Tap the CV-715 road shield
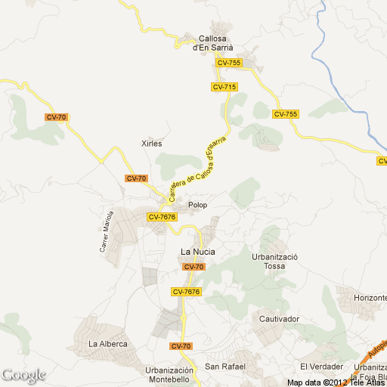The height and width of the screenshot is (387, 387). tap(224, 88)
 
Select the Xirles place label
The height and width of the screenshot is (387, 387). tap(152, 143)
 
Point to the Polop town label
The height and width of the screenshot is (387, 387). tap(197, 205)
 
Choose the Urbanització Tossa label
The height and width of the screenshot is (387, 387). tap(275, 262)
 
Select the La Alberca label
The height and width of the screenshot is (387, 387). tap(107, 345)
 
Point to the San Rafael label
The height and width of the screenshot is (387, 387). tap(225, 367)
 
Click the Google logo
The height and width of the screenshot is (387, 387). tap(23, 375)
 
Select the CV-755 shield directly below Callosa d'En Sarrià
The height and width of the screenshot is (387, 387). tap(228, 63)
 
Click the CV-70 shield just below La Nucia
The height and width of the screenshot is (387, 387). tap(193, 267)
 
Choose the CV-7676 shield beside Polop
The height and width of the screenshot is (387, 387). tap(162, 217)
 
